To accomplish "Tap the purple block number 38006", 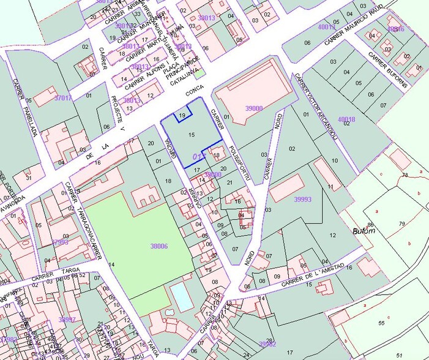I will pyautogui.click(x=159, y=246).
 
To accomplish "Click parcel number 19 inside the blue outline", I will pyautogui.click(x=182, y=115).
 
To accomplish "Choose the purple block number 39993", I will pyautogui.click(x=302, y=199).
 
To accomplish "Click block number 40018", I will pyautogui.click(x=346, y=118).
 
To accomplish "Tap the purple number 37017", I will pyautogui.click(x=63, y=98).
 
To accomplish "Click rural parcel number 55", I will pyautogui.click(x=381, y=323).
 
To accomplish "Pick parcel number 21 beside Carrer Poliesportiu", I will pyautogui.click(x=229, y=183).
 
